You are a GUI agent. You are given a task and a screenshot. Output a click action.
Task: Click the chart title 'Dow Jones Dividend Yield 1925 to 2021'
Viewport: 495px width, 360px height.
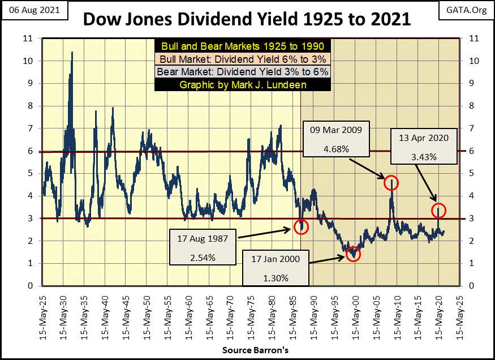(247, 20)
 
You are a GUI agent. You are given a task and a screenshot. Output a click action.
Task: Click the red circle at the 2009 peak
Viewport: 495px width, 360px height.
(391, 183)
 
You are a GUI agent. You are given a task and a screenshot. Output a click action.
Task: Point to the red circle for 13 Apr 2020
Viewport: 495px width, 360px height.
(440, 211)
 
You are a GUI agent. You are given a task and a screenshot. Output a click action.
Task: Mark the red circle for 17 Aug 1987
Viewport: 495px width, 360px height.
(302, 227)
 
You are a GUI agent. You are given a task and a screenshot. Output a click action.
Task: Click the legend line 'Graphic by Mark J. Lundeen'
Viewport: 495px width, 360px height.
(243, 85)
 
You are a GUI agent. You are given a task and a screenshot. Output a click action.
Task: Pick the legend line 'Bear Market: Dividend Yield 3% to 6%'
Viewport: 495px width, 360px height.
(243, 72)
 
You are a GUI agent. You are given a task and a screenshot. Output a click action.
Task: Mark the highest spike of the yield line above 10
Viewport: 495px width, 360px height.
(71, 53)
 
